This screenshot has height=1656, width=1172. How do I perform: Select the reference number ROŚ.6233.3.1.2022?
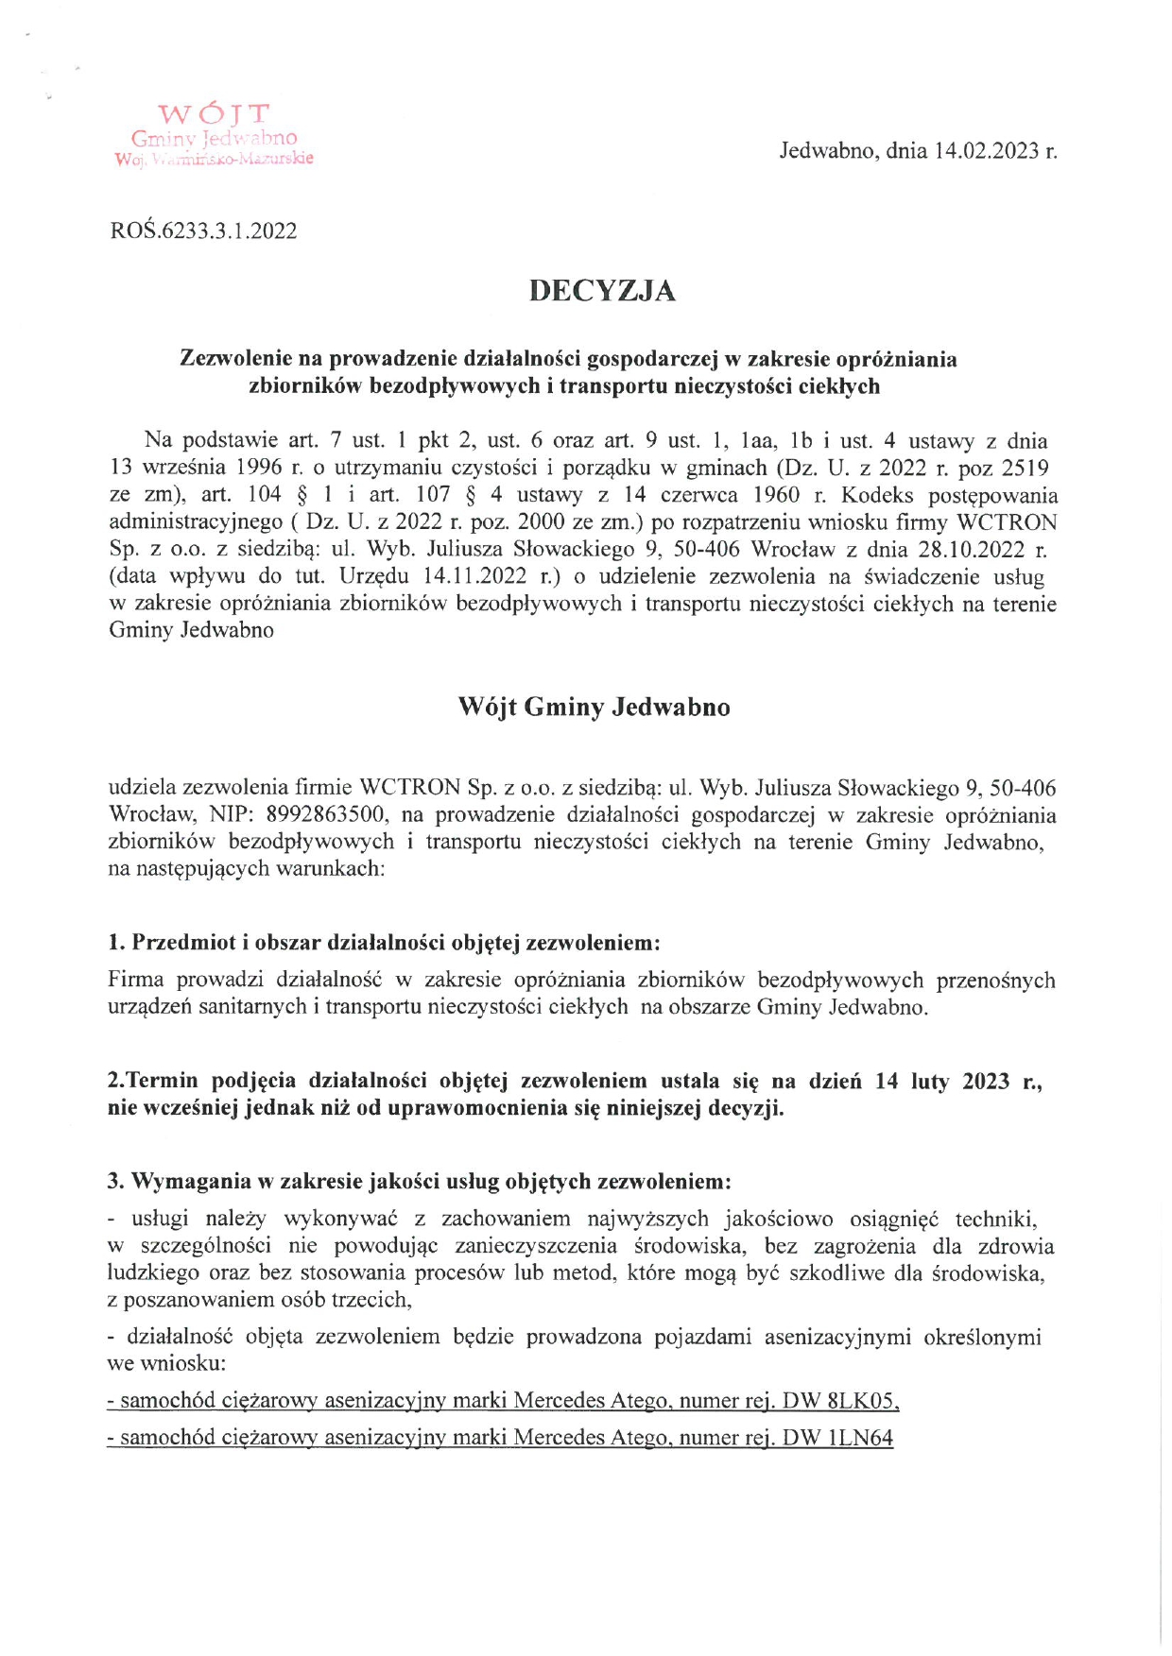point(203,230)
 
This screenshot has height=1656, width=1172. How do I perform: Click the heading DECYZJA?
point(602,291)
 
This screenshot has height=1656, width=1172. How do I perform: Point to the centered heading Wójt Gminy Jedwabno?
point(594,708)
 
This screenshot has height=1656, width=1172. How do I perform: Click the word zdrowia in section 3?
point(1017,1246)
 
